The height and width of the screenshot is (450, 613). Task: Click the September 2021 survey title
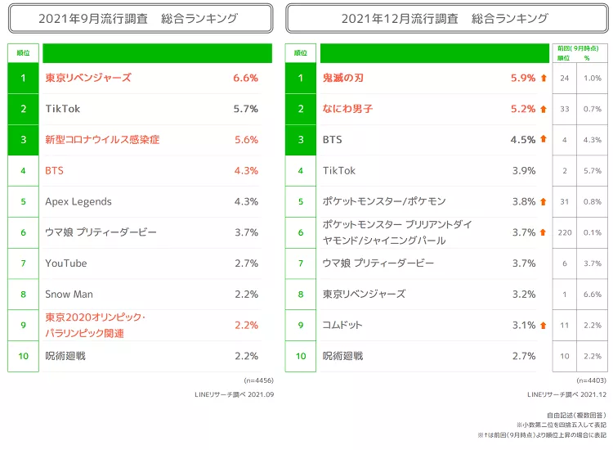coord(139,18)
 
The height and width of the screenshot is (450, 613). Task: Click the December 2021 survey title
coord(445,18)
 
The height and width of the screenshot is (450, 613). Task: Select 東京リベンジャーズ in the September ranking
coord(88,78)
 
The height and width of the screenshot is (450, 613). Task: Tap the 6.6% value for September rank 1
coord(245,78)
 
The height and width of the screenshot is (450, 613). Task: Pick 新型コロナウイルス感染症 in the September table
coord(102,140)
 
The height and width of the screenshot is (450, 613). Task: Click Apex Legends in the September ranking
coord(78,201)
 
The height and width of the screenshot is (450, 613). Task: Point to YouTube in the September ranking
coord(66,263)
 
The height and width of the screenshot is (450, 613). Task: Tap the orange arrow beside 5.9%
coord(544,78)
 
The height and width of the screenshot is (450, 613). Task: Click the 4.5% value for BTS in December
coord(523,140)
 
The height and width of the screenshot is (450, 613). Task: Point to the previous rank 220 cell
coord(565,232)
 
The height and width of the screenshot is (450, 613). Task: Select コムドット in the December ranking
coord(342,325)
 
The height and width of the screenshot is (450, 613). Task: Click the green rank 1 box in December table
coord(301,78)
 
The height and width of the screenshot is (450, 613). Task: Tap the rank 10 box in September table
coord(24,356)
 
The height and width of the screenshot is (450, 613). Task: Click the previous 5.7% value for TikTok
coord(593,171)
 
